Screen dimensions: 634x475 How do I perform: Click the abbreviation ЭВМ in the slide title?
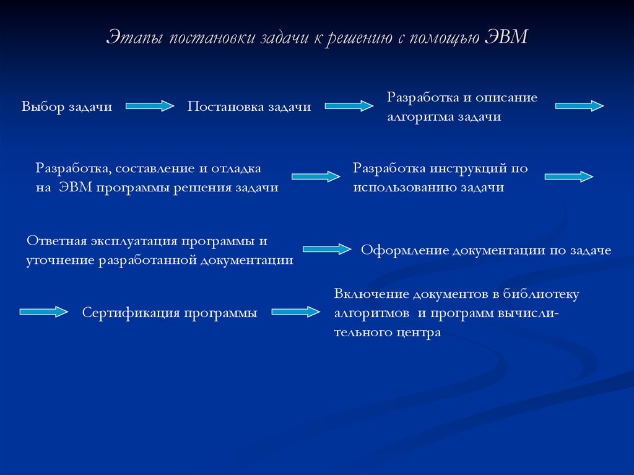point(506,37)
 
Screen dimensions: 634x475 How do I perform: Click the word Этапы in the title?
point(134,38)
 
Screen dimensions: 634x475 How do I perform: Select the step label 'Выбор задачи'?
point(67,107)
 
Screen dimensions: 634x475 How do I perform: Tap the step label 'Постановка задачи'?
point(249,107)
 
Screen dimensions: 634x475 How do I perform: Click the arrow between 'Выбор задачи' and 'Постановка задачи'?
point(150,106)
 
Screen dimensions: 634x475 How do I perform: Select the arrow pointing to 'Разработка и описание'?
point(349,106)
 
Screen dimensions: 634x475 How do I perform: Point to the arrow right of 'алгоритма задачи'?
point(580,106)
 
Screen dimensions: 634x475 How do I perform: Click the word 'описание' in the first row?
point(506,97)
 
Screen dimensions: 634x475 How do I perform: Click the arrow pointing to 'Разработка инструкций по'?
point(316,176)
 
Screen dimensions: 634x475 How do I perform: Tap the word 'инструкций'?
point(468,168)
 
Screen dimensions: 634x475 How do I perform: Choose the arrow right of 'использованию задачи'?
point(569,177)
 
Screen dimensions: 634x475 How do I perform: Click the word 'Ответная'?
point(56,241)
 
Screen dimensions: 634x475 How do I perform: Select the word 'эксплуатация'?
point(134,242)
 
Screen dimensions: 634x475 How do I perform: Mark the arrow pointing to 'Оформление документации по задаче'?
point(327,249)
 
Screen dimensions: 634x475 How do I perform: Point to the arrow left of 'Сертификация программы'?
point(44,312)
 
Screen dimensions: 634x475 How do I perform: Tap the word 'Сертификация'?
point(131,313)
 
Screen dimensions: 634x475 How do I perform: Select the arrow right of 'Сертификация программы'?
point(295,312)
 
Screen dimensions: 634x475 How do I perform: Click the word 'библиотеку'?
point(541,294)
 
